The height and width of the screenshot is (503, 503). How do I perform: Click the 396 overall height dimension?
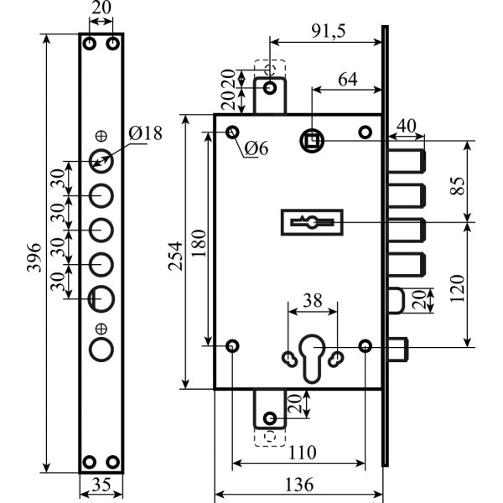34,257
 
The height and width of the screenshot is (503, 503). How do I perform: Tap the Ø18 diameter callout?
145,132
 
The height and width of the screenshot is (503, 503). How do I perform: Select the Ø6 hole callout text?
256,148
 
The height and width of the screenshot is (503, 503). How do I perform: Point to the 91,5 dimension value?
328,31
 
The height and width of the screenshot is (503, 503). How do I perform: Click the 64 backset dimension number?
348,80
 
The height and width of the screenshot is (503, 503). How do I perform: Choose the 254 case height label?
176,256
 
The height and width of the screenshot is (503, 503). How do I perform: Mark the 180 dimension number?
200,243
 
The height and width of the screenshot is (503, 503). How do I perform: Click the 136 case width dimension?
298,485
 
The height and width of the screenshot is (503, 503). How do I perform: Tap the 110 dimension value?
303,453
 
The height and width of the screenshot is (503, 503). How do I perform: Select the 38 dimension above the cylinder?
313,301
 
